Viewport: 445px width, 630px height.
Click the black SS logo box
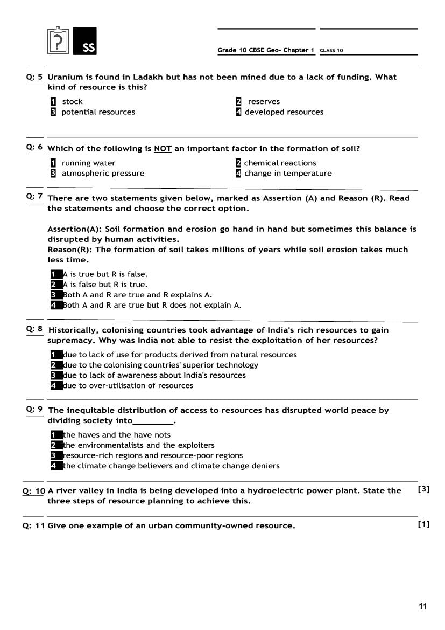point(84,41)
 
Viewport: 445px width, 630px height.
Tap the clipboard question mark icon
point(59,41)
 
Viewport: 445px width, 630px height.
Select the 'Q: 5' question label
point(34,77)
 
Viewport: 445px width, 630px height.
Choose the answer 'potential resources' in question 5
point(98,112)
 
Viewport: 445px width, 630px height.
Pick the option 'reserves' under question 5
point(264,101)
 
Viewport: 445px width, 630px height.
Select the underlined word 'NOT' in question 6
point(163,149)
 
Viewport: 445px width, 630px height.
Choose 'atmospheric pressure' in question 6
point(103,174)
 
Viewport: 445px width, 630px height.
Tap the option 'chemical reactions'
point(280,163)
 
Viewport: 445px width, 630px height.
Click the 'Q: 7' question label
point(34,197)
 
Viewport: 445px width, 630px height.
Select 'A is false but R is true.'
point(105,285)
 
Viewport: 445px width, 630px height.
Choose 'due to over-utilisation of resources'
point(128,386)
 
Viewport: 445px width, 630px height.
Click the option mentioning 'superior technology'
point(160,365)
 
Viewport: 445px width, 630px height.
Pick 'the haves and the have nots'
point(116,435)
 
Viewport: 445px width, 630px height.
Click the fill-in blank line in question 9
point(153,421)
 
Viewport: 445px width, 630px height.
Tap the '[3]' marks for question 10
point(423,489)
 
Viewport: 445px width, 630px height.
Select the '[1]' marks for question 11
point(423,524)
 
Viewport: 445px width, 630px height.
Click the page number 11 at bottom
point(422,606)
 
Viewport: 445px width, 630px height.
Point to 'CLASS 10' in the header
point(331,51)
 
